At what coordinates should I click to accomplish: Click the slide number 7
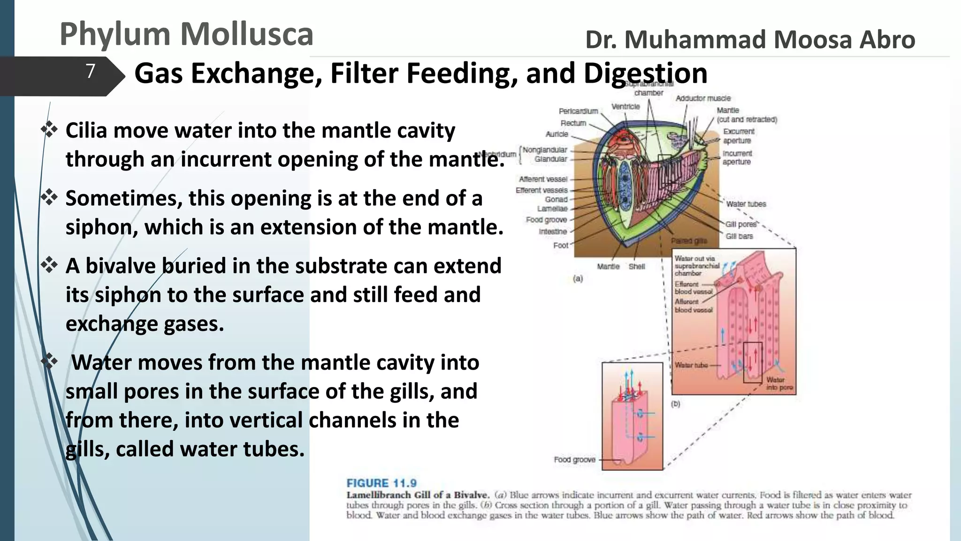tap(91, 71)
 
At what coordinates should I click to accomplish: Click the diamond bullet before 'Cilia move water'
tap(49, 129)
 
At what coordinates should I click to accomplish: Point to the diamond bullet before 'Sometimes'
tap(49, 197)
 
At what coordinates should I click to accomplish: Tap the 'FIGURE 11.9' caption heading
tap(381, 483)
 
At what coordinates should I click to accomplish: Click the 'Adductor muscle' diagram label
tap(703, 98)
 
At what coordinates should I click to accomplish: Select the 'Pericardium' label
tap(578, 111)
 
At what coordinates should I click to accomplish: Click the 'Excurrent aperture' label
tap(738, 136)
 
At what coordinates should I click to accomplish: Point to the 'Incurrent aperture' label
tap(737, 157)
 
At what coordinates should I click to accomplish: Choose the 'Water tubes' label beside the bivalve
tap(746, 204)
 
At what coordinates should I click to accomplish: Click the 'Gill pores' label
tap(741, 224)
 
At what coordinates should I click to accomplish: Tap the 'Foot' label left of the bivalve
tap(560, 245)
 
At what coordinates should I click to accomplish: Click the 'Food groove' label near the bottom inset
tap(574, 459)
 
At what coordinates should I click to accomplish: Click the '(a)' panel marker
tap(578, 278)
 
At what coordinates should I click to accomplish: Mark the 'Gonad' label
tap(556, 200)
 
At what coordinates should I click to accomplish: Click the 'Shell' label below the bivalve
tap(637, 266)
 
